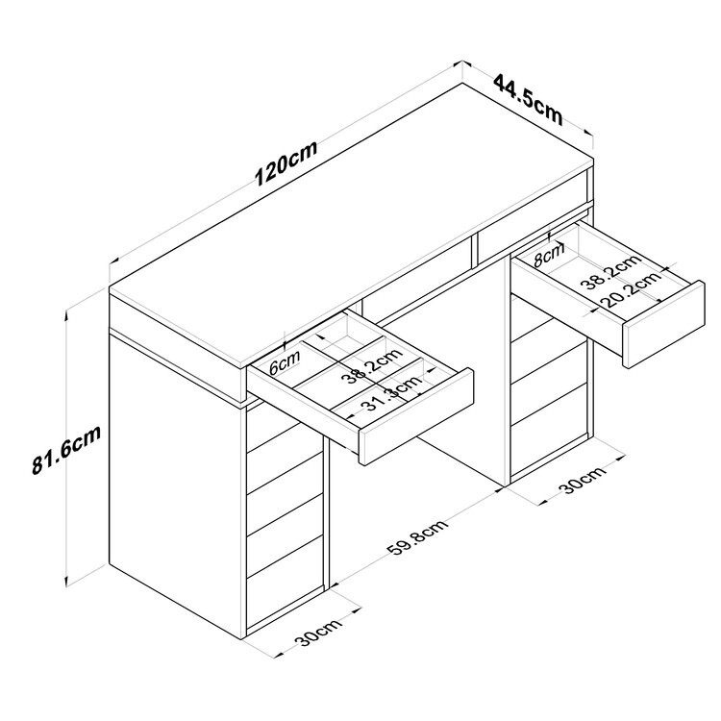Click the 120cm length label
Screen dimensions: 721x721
point(286,163)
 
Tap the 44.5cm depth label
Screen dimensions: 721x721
point(528,100)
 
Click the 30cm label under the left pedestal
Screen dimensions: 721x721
point(318,633)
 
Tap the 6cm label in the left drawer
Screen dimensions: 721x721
point(285,362)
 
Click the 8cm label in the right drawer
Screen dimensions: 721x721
point(549,256)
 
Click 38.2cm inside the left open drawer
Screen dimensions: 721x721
point(372,366)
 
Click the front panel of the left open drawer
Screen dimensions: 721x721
point(416,415)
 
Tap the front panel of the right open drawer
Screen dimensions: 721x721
point(663,324)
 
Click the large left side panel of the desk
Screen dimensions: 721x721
point(176,483)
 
